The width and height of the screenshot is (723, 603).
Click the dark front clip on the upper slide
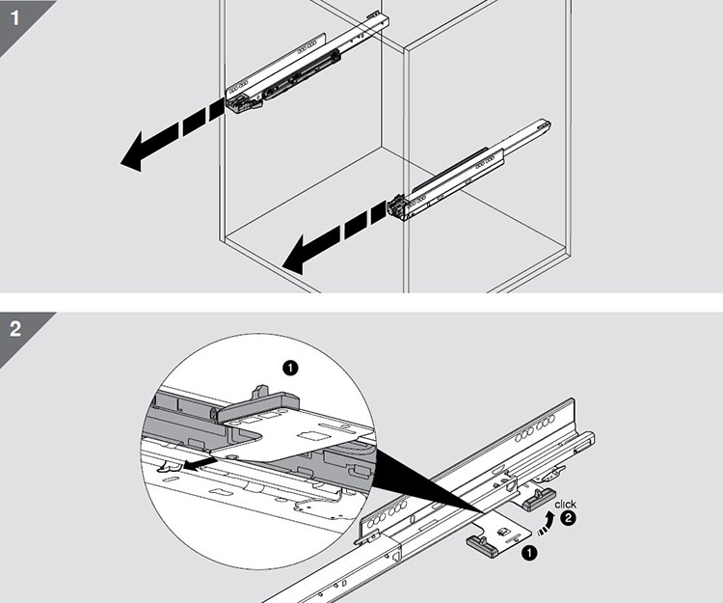point(241,102)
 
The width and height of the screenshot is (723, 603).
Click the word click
point(566,505)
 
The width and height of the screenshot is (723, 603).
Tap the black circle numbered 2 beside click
point(569,519)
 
